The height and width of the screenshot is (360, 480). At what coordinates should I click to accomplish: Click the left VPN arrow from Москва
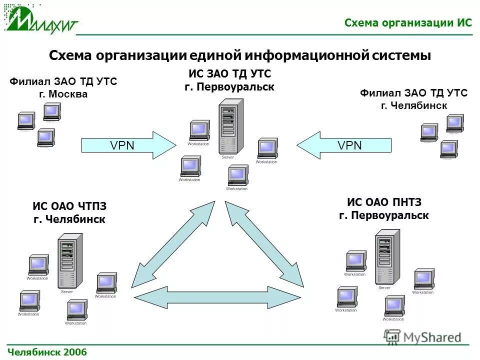click(128, 145)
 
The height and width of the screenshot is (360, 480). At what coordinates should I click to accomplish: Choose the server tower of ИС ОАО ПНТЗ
click(386, 257)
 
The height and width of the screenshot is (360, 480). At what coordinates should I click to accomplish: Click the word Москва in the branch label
click(68, 94)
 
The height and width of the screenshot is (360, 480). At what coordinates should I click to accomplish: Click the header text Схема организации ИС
click(408, 23)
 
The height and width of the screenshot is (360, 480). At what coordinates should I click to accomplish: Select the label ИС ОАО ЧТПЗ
click(69, 206)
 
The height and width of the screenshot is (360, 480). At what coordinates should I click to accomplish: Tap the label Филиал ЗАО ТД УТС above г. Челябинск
click(413, 93)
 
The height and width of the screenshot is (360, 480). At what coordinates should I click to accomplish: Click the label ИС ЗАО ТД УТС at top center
click(229, 74)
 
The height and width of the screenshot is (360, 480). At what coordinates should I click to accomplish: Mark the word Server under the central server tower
click(228, 157)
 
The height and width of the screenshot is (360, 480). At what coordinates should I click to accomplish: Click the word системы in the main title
click(401, 55)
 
